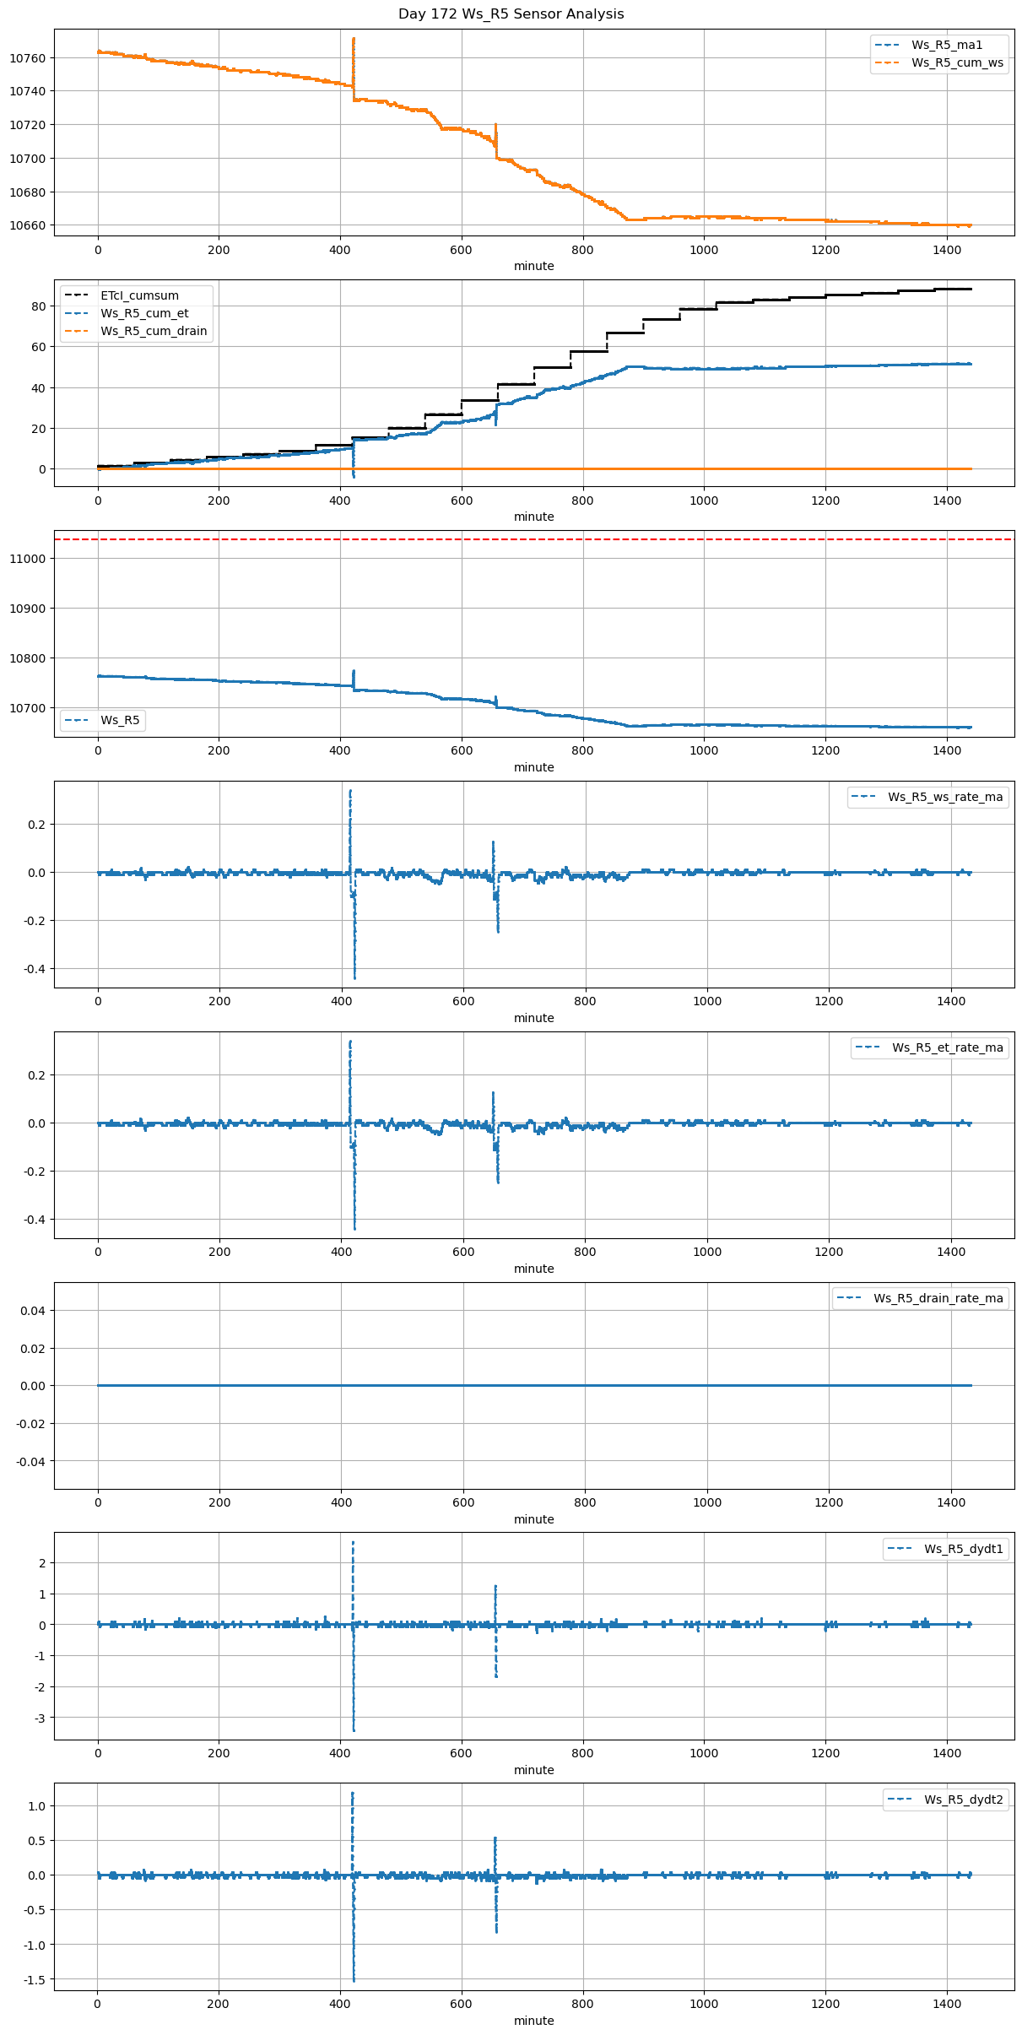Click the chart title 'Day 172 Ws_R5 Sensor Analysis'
pos(511,14)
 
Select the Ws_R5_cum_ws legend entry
pos(957,62)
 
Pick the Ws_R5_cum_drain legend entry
pos(154,331)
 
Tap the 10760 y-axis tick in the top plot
pos(28,58)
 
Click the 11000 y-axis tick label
pos(28,559)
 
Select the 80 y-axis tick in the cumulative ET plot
pos(39,306)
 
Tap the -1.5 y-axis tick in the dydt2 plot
pos(34,1979)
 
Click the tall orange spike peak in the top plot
pos(354,39)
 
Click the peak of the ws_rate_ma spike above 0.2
pos(350,791)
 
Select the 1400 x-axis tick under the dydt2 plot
pos(947,2004)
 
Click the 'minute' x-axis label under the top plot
pos(534,266)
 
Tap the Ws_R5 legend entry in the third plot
pos(120,720)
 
